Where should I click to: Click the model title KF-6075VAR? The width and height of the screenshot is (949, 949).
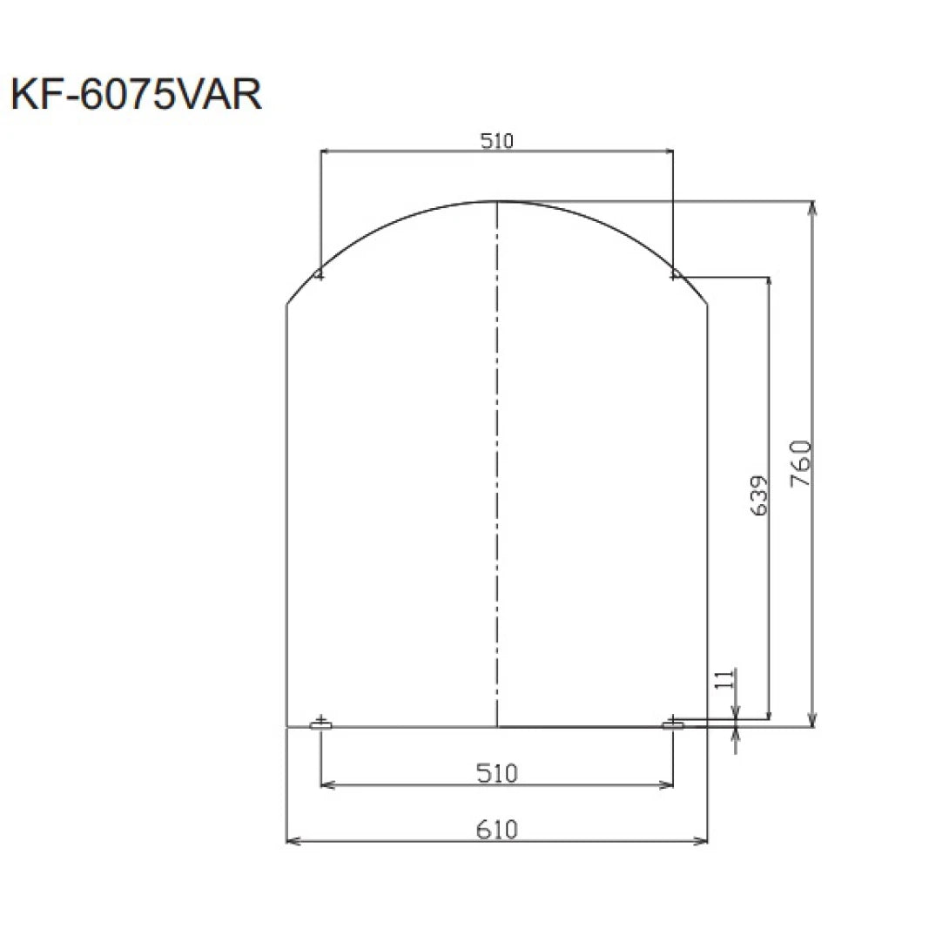point(136,95)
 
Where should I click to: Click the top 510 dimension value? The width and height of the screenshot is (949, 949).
point(497,139)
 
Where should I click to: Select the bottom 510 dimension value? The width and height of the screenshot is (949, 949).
point(497,772)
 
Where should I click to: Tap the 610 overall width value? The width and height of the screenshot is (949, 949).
point(497,830)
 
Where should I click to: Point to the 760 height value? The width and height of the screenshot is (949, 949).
point(802,463)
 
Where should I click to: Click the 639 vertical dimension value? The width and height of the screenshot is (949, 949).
point(759,496)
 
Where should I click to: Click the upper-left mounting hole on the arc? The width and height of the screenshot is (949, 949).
point(320,275)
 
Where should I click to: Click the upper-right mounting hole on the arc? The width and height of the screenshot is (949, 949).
point(675,275)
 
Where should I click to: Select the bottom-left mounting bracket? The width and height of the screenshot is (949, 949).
point(321,724)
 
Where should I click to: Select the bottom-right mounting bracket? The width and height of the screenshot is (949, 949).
point(673,724)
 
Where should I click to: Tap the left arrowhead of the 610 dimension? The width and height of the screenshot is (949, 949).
point(292,841)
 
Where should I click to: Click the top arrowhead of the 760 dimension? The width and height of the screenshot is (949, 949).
point(812,207)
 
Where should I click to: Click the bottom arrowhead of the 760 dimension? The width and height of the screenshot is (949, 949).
point(812,721)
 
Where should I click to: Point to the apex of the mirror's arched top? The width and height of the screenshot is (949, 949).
point(497,202)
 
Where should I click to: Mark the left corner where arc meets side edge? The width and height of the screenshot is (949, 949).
point(287,304)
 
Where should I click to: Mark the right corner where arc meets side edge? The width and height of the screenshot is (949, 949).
point(707,304)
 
